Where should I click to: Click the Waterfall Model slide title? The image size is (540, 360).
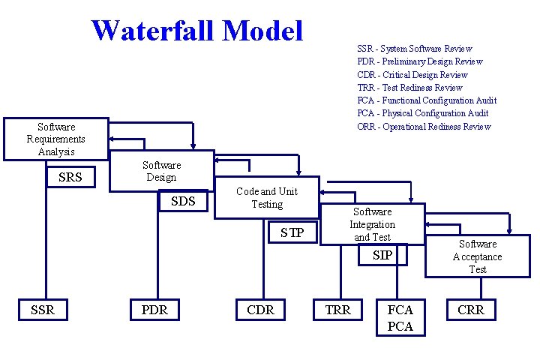[x=197, y=31]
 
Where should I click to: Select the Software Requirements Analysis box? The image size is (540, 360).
[x=55, y=139]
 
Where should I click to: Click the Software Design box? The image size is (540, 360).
[x=161, y=171]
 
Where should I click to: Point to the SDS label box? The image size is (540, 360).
[x=182, y=200]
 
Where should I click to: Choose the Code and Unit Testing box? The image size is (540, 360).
[x=267, y=197]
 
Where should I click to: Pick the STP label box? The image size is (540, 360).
[x=292, y=232]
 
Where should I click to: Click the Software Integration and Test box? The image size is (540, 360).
[x=372, y=224]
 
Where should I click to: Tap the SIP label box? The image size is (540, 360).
[x=382, y=255]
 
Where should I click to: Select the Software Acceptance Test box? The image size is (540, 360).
[x=478, y=256]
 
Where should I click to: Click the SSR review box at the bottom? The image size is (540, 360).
[x=43, y=310]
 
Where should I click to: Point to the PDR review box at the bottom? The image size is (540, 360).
[x=154, y=310]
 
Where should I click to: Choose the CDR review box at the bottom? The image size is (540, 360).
[x=260, y=310]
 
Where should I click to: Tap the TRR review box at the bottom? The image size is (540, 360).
[x=337, y=310]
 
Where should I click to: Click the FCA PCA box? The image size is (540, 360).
[x=400, y=317]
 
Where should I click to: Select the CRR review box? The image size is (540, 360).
[x=471, y=310]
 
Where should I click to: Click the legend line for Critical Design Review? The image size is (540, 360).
[x=412, y=74]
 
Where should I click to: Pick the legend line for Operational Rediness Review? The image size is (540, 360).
[x=424, y=126]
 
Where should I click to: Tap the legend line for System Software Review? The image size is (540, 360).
[x=415, y=49]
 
